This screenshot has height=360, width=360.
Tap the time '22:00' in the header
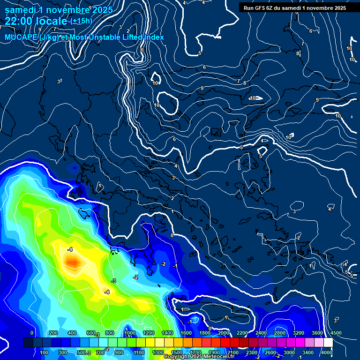[18, 21]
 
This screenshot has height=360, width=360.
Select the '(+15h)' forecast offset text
[81, 21]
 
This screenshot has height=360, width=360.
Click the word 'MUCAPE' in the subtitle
[20, 37]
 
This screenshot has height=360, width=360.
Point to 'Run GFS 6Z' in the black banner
[260, 8]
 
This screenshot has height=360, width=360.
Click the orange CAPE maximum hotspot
[72, 262]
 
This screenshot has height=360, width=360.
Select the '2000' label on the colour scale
[224, 333]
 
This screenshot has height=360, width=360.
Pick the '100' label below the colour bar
[45, 352]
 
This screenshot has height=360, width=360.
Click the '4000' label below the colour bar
[327, 352]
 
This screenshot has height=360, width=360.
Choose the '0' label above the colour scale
[32, 333]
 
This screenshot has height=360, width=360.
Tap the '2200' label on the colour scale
[242, 333]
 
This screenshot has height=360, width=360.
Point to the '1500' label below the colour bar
[177, 352]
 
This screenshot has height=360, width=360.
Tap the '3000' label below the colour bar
[289, 352]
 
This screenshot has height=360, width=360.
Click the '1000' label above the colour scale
[130, 333]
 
